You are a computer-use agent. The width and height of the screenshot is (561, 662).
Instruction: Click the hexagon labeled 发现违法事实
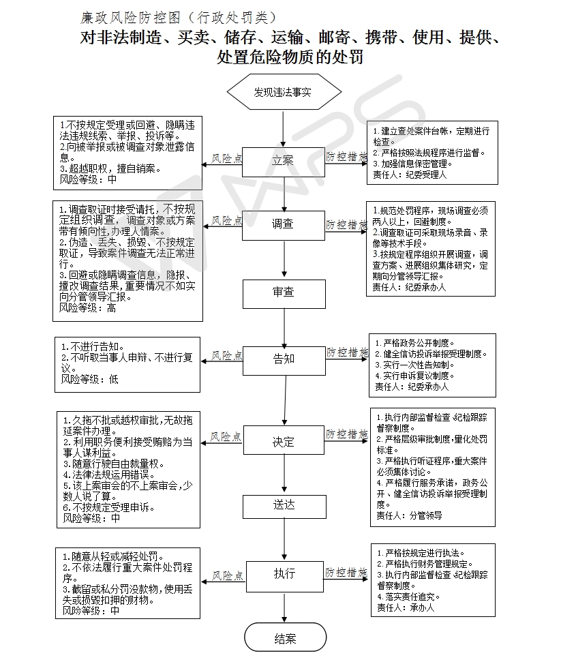283,91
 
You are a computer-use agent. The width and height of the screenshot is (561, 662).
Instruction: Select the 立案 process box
284,161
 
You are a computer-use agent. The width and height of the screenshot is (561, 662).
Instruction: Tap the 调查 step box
284,224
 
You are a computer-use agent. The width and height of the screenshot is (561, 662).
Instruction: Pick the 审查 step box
284,292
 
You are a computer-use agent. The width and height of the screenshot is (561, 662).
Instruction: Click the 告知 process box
284,358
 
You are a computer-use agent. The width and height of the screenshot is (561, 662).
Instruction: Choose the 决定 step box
284,442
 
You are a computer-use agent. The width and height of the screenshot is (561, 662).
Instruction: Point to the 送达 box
284,505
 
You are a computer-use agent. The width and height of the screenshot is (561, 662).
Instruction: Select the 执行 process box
284,573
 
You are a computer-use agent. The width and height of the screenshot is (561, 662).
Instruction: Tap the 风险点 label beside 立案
226,159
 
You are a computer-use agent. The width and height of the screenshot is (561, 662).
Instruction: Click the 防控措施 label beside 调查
346,224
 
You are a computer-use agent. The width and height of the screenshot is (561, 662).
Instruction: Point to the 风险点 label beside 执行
226,576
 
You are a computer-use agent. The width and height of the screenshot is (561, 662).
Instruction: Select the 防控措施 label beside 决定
346,434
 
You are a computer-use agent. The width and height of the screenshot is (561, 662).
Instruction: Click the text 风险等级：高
88,307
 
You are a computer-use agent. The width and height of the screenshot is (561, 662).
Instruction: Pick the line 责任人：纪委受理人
410,175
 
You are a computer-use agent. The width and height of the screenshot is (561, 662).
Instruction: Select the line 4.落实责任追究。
406,597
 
